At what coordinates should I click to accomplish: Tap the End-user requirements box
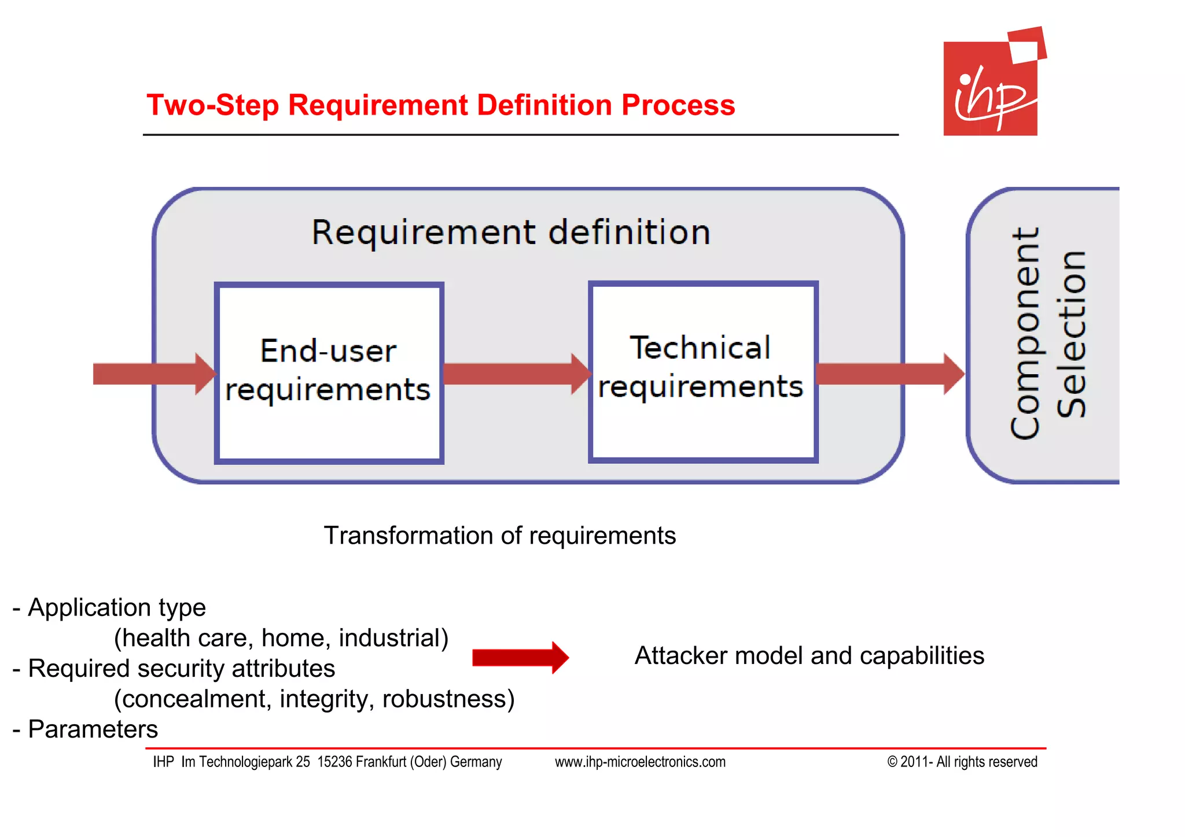click(329, 373)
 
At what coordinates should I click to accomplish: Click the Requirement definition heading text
click(511, 233)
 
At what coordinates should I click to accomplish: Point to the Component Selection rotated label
click(1047, 334)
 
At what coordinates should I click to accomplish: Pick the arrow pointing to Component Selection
click(889, 374)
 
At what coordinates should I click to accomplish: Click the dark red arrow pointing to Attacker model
click(520, 658)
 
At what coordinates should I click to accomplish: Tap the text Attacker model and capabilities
click(809, 656)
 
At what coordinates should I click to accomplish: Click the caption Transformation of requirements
click(499, 536)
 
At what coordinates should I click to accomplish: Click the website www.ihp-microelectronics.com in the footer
click(640, 762)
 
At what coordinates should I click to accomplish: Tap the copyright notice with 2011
click(962, 762)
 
